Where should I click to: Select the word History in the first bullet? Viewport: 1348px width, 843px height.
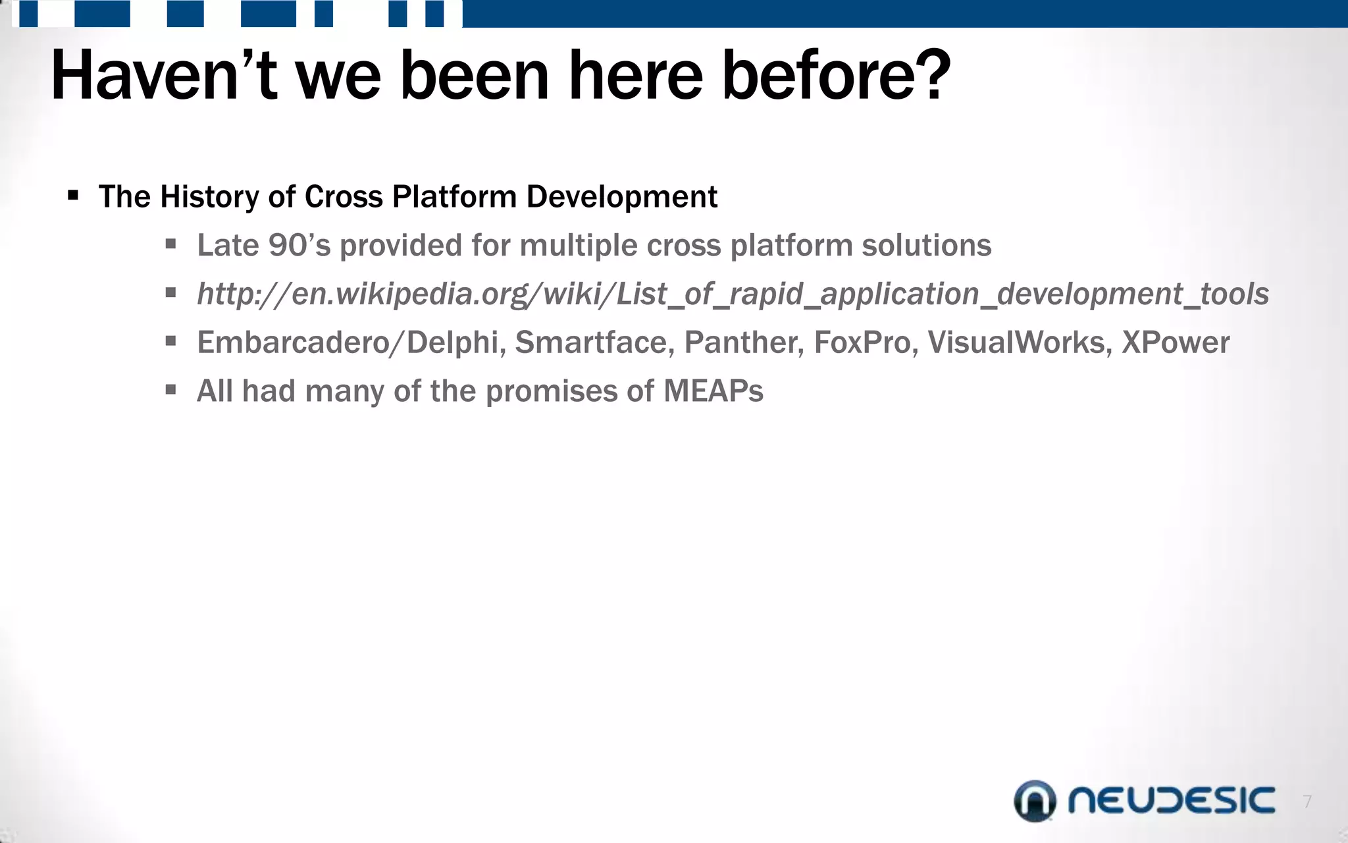tap(209, 197)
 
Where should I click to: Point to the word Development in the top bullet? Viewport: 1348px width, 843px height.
tap(621, 197)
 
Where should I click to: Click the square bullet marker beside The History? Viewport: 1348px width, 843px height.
tap(73, 196)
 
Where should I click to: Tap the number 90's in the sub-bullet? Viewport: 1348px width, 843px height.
tap(299, 245)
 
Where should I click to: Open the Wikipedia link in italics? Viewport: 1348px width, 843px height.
tap(733, 294)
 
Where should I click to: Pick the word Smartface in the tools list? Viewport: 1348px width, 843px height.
tap(594, 342)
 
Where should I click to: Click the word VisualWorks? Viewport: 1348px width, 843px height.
tap(1019, 342)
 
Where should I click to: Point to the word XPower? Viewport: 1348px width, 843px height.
tap(1175, 342)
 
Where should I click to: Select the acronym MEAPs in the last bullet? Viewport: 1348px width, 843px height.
tap(713, 391)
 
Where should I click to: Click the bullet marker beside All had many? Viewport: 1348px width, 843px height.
tap(171, 390)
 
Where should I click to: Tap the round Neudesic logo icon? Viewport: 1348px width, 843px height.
tap(1035, 801)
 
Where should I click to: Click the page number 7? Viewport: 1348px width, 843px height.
tap(1307, 802)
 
